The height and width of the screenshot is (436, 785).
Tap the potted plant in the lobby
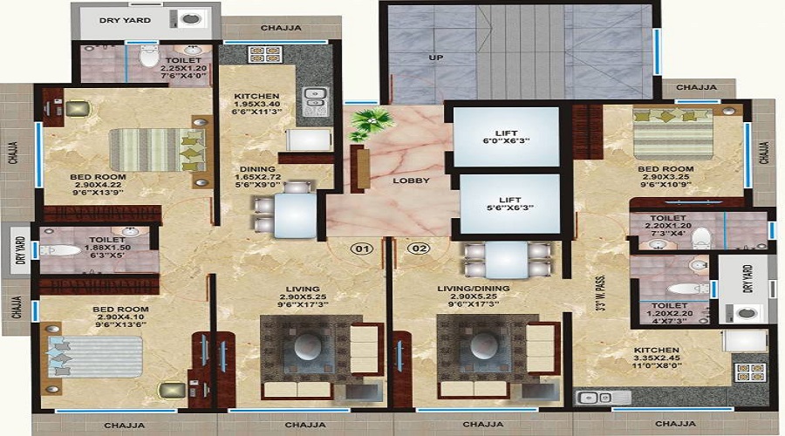tap(371, 125)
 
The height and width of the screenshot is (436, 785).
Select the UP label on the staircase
tap(435, 58)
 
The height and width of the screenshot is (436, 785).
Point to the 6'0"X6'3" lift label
tap(506, 141)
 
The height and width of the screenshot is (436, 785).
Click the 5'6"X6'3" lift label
tap(509, 208)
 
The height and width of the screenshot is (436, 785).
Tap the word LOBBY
tap(411, 181)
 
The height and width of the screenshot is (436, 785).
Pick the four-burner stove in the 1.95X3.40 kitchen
tap(265, 54)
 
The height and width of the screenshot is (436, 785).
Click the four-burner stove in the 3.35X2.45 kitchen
tap(750, 373)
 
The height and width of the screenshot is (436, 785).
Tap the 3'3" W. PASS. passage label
tap(601, 293)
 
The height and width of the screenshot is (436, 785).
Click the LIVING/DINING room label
tap(473, 289)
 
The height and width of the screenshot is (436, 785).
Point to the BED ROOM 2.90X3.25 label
tap(666, 177)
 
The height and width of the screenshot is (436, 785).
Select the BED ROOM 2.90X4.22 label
tap(98, 185)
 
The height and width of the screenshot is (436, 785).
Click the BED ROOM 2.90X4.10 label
tap(120, 317)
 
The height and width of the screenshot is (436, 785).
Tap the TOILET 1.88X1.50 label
tap(107, 248)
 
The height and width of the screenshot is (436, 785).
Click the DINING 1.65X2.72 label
tap(257, 177)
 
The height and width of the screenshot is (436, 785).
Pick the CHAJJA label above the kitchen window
tap(282, 28)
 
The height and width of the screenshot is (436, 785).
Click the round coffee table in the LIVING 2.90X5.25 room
tap(308, 346)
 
